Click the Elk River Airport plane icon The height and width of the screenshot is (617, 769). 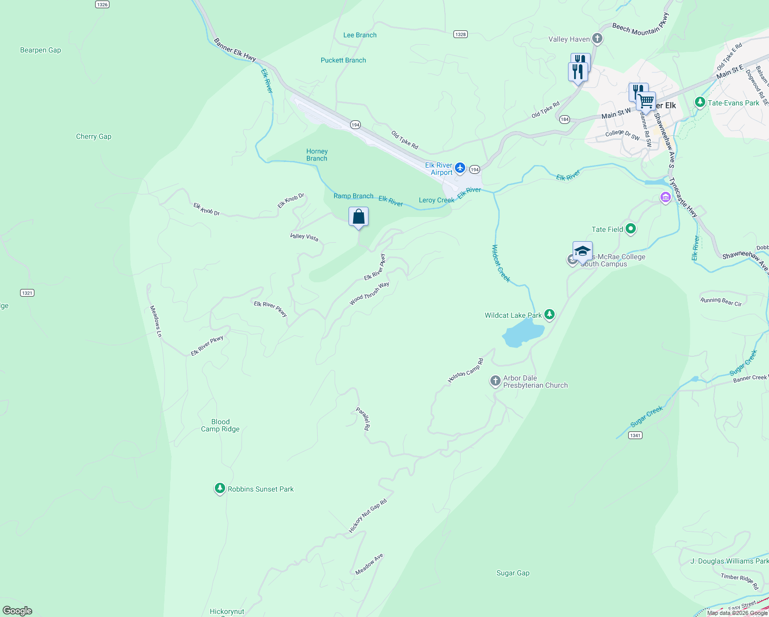[x=460, y=168]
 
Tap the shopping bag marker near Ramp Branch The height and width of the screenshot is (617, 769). [x=358, y=217]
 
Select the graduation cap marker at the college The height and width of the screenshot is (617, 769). [x=582, y=251]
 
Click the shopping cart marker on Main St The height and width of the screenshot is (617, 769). [x=646, y=101]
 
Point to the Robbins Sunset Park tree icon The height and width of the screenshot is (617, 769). [x=219, y=488]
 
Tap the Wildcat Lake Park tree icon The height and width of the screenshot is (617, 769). [x=550, y=314]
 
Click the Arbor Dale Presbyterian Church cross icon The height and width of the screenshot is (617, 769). [x=495, y=381]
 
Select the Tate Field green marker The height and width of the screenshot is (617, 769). [x=631, y=229]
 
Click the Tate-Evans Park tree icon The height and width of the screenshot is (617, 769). [x=699, y=102]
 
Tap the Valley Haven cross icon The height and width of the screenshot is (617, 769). [x=597, y=39]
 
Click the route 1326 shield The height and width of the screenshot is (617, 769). [x=102, y=4]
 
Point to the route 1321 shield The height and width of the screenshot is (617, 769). [x=27, y=293]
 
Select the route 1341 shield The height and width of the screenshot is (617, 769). [x=635, y=435]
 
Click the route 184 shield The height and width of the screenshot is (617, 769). [x=564, y=119]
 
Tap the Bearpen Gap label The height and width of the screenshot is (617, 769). [x=41, y=50]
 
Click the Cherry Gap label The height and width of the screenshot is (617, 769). [x=94, y=136]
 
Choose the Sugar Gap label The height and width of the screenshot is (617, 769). [x=512, y=573]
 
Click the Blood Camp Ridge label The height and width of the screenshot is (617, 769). [x=220, y=425]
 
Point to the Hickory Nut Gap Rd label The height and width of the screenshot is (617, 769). [x=368, y=516]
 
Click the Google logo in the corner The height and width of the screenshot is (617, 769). [x=17, y=611]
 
